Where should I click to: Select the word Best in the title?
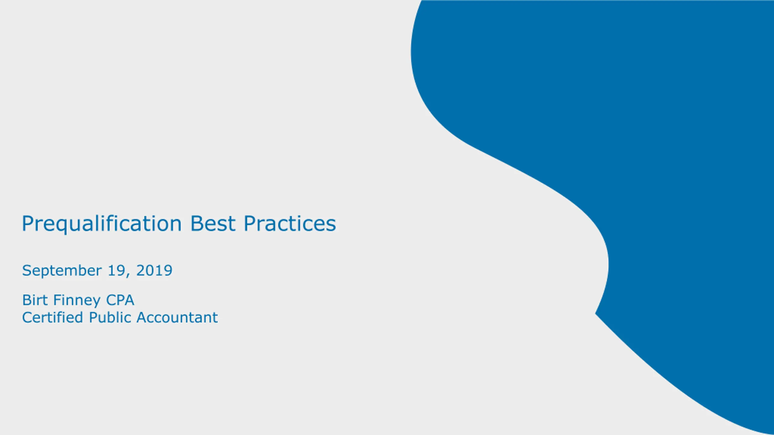(x=213, y=224)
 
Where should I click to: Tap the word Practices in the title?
(x=290, y=224)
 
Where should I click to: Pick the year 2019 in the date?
(x=154, y=270)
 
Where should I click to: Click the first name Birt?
(x=35, y=300)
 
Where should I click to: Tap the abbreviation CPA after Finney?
(x=120, y=300)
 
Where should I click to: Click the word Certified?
(x=53, y=317)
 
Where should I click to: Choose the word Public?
(x=110, y=317)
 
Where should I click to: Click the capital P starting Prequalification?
(x=28, y=224)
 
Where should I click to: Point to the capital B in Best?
(x=196, y=224)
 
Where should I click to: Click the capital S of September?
(x=27, y=270)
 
